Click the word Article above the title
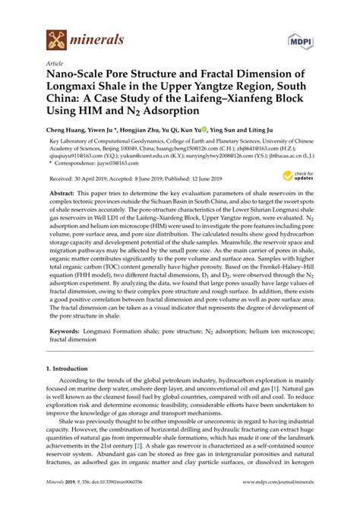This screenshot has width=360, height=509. point(55,64)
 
